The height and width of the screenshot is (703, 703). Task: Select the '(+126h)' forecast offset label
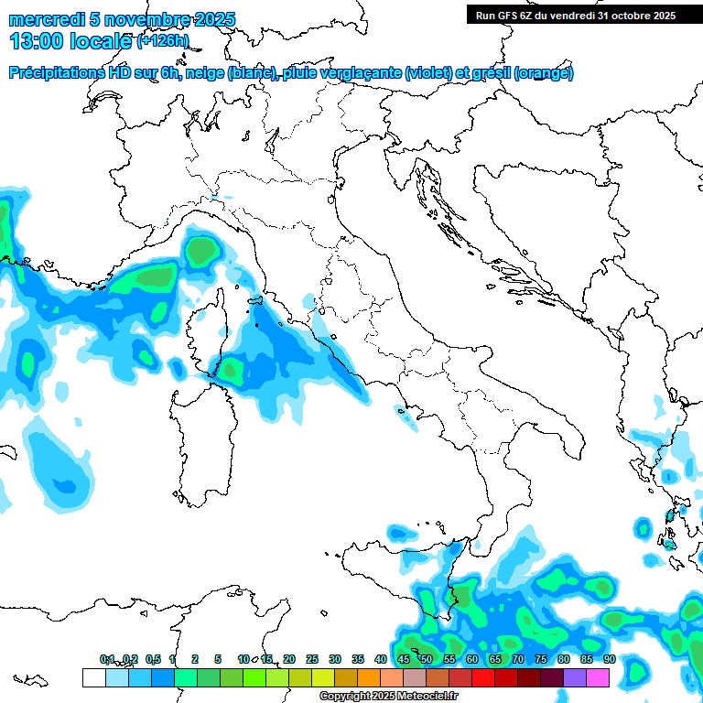click(163, 41)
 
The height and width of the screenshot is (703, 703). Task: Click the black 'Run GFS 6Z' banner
click(573, 15)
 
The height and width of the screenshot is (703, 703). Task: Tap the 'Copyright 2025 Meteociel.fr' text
click(388, 697)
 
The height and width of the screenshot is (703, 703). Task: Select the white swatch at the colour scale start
click(93, 677)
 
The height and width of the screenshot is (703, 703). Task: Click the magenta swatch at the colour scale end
click(598, 677)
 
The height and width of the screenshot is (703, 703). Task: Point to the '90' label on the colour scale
click(609, 659)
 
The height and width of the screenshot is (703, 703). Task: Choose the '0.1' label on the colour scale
click(107, 659)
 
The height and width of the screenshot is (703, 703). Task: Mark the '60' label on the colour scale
click(471, 659)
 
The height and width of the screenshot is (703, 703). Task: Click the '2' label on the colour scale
click(195, 659)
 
